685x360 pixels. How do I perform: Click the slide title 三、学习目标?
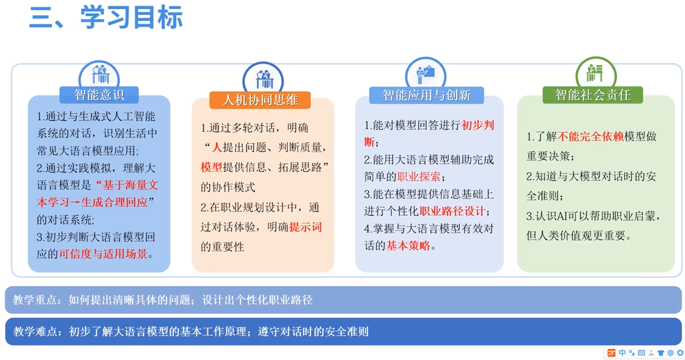tap(106, 18)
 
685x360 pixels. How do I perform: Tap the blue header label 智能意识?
tap(99, 95)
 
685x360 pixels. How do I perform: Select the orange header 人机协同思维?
tap(260, 100)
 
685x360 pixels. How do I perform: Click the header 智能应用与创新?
tap(426, 95)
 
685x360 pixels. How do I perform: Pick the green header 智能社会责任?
tap(593, 95)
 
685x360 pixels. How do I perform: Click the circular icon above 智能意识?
tap(99, 75)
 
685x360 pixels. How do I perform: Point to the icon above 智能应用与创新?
tap(426, 73)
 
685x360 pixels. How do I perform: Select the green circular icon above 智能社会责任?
tap(596, 72)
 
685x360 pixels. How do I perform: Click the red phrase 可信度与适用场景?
tap(103, 255)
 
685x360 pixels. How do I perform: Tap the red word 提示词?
tap(305, 227)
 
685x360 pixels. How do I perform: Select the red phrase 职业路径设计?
tap(452, 212)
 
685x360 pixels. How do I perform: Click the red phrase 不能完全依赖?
tap(591, 137)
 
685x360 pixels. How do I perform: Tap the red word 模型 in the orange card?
tap(211, 167)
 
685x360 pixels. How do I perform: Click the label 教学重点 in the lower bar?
tap(35, 300)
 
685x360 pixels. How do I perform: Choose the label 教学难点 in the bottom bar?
tap(35, 332)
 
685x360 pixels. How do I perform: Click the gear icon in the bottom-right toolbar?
tap(680, 353)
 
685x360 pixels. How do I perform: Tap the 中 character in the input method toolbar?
tap(622, 353)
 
